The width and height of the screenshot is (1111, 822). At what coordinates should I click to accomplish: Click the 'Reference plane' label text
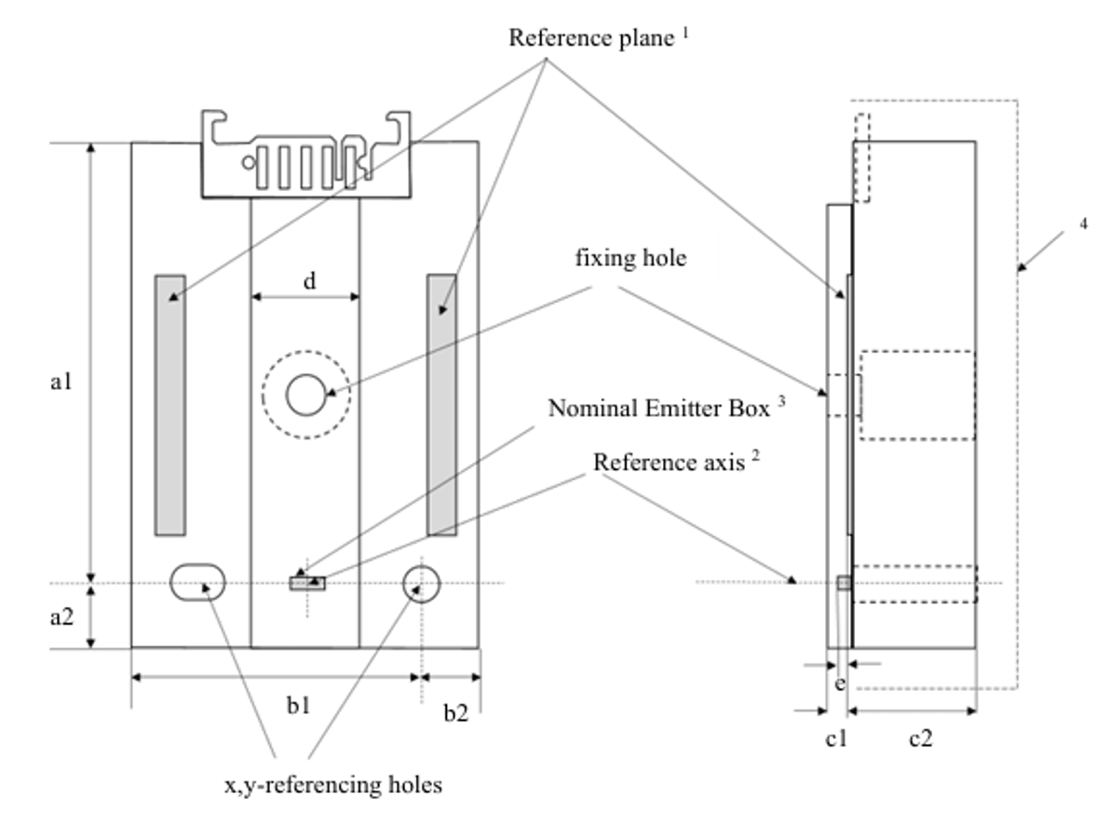pos(591,39)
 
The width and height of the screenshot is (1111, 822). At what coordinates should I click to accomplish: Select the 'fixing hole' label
pos(630,258)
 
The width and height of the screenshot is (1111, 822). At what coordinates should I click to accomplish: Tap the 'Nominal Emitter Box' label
pos(659,409)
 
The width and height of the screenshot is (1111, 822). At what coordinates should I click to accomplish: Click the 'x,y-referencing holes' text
pos(332,785)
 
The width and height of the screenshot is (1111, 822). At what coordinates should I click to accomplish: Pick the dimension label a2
pos(62,616)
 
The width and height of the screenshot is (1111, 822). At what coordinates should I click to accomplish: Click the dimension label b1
pos(299,707)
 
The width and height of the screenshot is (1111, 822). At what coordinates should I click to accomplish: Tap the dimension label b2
pos(455,714)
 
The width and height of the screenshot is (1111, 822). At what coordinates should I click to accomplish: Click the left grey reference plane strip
pos(169,404)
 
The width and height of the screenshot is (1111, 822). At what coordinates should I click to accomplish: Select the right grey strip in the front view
pos(441,404)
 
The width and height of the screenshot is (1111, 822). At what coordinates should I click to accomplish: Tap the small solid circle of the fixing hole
pos(305,396)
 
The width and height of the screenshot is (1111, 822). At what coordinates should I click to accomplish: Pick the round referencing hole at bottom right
pos(421,583)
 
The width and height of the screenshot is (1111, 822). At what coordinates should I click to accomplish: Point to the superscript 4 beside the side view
pos(1083,223)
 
